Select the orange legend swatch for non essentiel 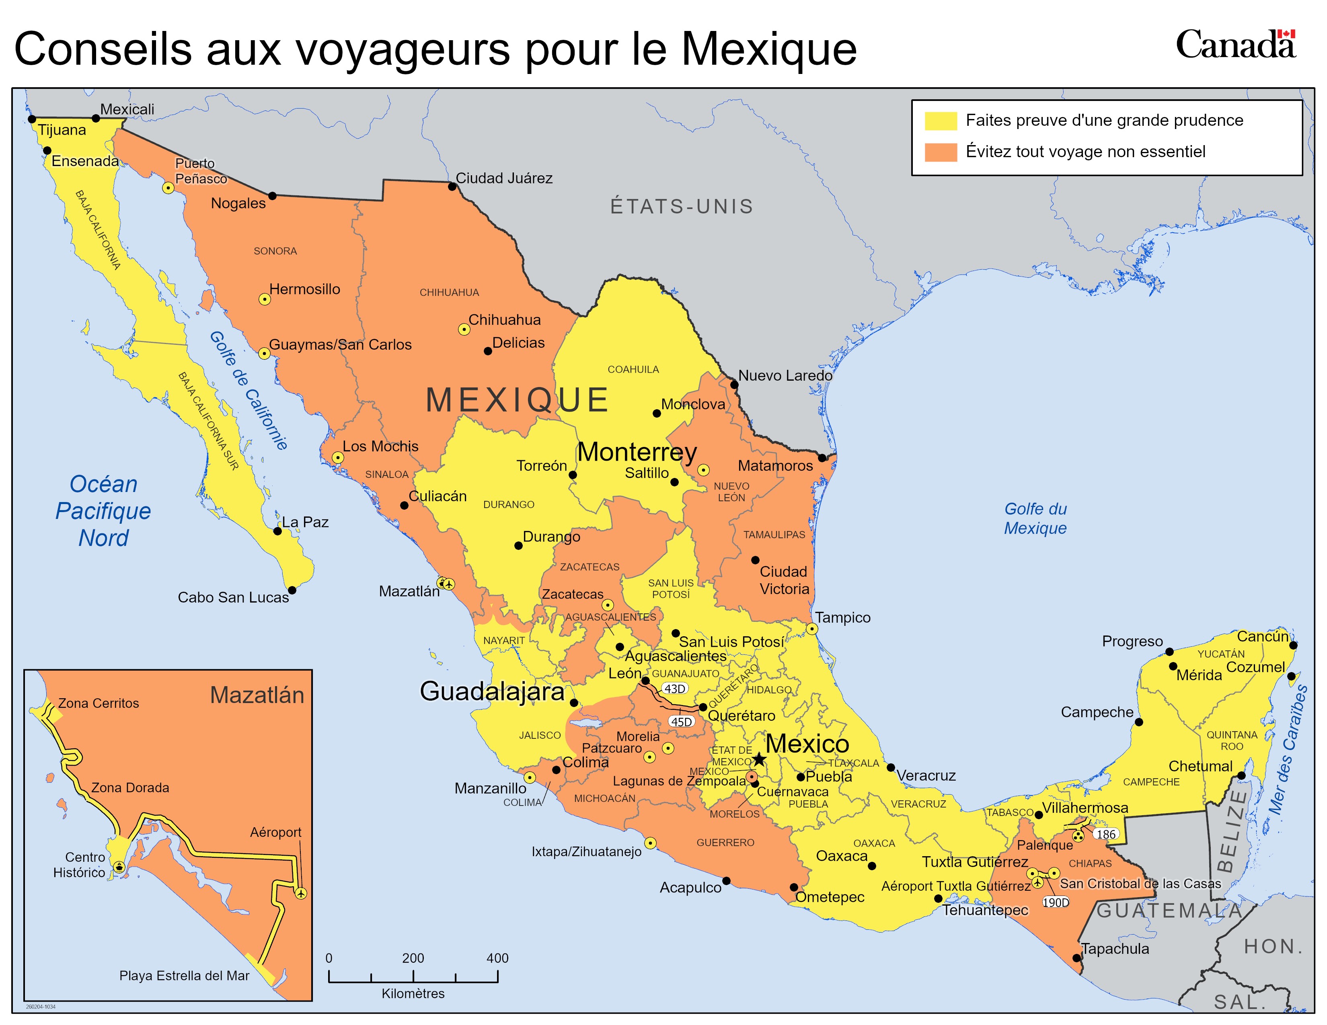point(941,152)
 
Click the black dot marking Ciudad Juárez point(452,187)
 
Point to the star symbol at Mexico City point(759,759)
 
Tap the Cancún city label point(1263,636)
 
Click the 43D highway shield point(674,689)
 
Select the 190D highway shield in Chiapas point(1056,902)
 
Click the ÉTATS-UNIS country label point(682,207)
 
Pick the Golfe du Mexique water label point(1035,518)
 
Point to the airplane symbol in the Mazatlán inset point(301,893)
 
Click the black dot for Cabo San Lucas point(292,590)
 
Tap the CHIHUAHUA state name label point(449,293)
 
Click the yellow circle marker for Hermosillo point(264,299)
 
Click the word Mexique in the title point(768,49)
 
